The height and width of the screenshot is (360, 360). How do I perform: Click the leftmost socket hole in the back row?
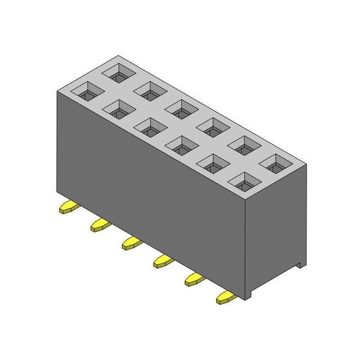click(120, 73)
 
